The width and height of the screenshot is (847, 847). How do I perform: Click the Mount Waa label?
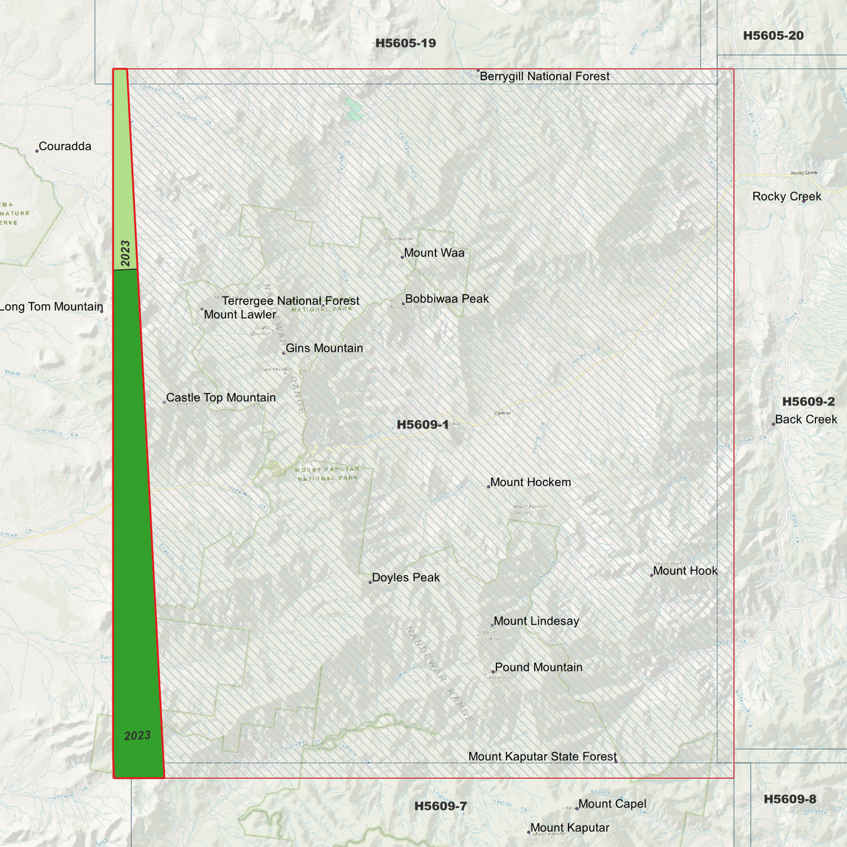point(434,253)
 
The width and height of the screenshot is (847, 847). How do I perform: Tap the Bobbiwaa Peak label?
point(447,299)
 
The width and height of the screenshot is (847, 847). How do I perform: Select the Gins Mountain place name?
point(324,348)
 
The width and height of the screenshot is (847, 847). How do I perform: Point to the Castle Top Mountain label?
point(221,398)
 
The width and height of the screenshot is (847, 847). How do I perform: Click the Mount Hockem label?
point(530,482)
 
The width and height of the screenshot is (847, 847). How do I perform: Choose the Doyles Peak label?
point(406,578)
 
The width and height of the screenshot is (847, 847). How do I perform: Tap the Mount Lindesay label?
point(536,621)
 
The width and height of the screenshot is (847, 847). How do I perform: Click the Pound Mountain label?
point(539,668)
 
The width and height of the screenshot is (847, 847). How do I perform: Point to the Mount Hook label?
point(685,571)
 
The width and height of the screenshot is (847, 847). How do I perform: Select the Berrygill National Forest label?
point(545,77)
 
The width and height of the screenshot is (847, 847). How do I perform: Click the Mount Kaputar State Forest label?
point(542,757)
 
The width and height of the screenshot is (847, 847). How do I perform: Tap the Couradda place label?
point(65,147)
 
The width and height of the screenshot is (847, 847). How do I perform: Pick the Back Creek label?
point(806,420)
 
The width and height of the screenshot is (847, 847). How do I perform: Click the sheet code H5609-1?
point(423,425)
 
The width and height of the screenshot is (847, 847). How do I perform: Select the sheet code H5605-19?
point(406,43)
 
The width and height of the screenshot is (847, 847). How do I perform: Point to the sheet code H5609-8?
point(790,800)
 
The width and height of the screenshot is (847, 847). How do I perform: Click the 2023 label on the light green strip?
point(125,253)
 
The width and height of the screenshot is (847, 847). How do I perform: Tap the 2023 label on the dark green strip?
point(138,736)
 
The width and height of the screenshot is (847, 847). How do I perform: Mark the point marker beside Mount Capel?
point(577,808)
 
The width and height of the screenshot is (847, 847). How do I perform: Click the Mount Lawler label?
point(240,315)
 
